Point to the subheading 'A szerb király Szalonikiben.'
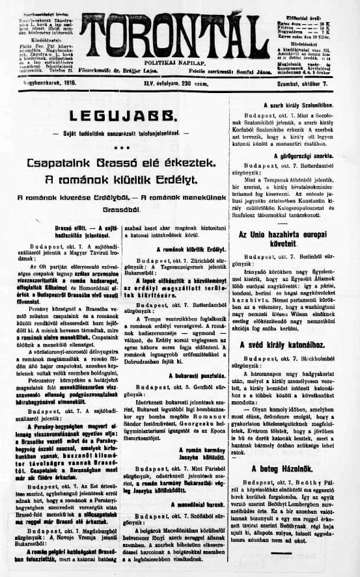(298, 104)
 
